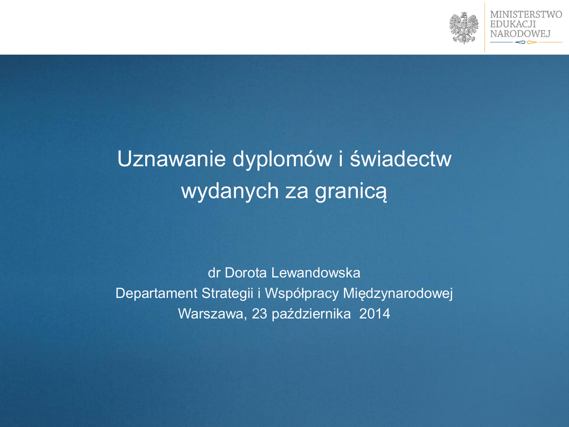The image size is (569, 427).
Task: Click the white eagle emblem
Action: click(464, 28)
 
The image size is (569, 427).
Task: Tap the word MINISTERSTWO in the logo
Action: click(526, 14)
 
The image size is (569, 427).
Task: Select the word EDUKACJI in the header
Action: click(513, 24)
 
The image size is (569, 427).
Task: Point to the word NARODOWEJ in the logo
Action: click(520, 34)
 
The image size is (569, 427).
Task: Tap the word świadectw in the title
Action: click(401, 158)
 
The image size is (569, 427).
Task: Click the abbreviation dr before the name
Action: click(214, 273)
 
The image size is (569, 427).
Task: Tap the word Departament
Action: click(156, 294)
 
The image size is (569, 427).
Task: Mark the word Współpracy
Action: click(302, 294)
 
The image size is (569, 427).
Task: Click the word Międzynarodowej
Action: click(398, 294)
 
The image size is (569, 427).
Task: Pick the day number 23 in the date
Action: click(259, 314)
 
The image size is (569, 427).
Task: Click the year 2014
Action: click(375, 314)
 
